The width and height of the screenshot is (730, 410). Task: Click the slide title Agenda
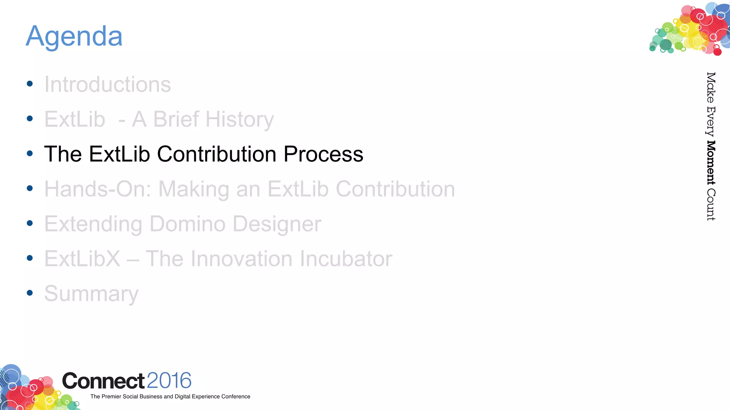pyautogui.click(x=74, y=36)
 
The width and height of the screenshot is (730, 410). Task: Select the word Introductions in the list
pyautogui.click(x=107, y=85)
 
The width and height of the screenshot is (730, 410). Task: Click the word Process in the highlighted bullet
pyautogui.click(x=323, y=154)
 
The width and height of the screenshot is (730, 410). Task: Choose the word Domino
pyautogui.click(x=187, y=224)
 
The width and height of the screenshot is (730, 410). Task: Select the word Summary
pyautogui.click(x=91, y=294)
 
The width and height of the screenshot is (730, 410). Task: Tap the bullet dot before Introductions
pyautogui.click(x=30, y=84)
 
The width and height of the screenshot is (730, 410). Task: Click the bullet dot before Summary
pyautogui.click(x=30, y=293)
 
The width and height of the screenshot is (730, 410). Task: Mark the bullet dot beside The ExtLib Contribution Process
pyautogui.click(x=30, y=153)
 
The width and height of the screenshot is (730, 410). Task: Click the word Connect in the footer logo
pyautogui.click(x=103, y=381)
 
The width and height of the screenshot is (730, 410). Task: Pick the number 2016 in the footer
pyautogui.click(x=169, y=381)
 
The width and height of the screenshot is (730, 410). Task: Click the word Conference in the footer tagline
pyautogui.click(x=236, y=396)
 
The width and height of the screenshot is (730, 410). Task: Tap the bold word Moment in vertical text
pyautogui.click(x=711, y=163)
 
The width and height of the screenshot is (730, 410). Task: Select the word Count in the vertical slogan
pyautogui.click(x=711, y=205)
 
